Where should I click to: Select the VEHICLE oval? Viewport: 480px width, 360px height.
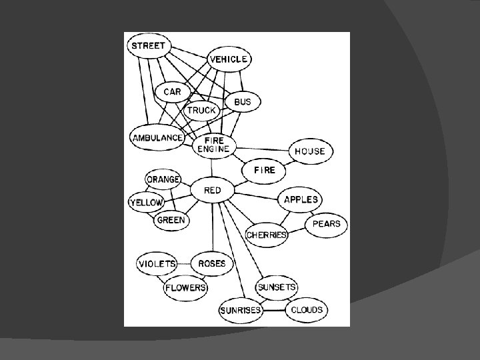229,59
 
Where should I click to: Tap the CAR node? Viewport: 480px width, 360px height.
172,92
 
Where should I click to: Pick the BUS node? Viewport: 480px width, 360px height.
243,101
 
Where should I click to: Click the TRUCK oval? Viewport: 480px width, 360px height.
201,110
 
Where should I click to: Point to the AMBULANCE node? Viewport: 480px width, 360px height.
157,137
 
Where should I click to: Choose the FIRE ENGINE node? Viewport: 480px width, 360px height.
213,145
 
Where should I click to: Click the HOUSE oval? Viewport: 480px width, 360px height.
309,151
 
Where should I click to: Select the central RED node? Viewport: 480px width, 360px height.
212,191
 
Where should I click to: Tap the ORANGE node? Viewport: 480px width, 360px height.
163,179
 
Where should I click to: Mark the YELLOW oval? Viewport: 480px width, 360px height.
146,202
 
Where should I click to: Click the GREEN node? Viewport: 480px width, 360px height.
171,220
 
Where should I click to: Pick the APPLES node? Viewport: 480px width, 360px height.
301,199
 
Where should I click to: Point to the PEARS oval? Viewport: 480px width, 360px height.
326,224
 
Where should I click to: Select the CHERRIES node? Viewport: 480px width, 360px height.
267,235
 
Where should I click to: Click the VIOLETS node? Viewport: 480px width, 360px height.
157,263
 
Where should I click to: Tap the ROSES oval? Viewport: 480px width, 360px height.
211,263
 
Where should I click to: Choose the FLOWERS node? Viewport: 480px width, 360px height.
185,288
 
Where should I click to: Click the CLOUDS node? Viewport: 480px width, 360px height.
306,310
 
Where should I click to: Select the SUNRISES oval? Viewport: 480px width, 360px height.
240,311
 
